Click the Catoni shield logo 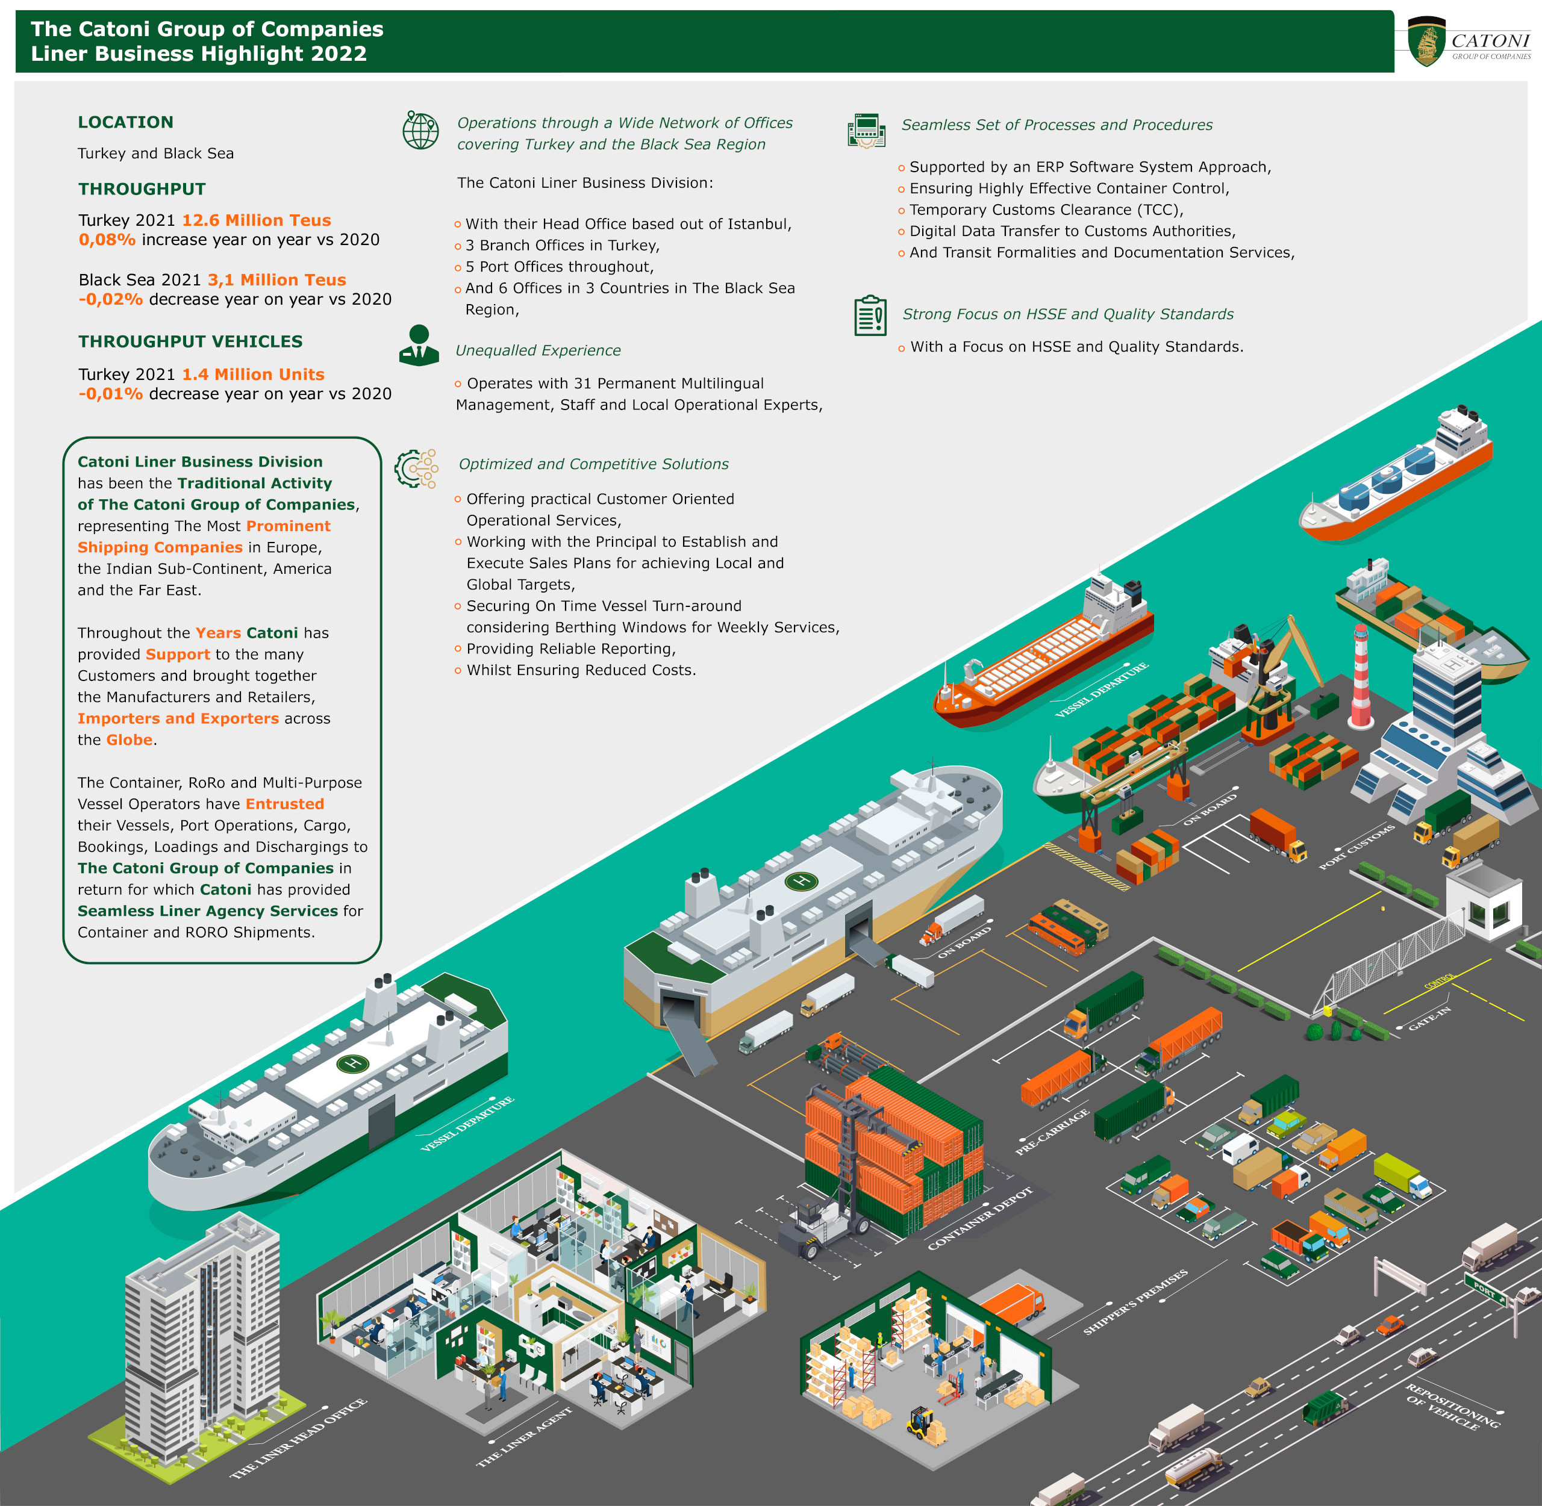click(x=1426, y=42)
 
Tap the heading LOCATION click(x=125, y=122)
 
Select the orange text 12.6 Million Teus click(x=257, y=220)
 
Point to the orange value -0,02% click(x=110, y=299)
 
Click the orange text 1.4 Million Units click(x=253, y=374)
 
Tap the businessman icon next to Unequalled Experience click(x=419, y=346)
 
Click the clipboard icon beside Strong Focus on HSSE click(x=870, y=316)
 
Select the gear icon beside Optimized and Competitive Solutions click(x=416, y=468)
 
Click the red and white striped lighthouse click(x=1361, y=676)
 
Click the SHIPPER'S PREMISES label click(x=1135, y=1302)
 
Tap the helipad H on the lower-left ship click(x=353, y=1063)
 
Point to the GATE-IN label click(x=1429, y=1018)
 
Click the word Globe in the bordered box click(x=129, y=739)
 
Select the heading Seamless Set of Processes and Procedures click(x=1057, y=125)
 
